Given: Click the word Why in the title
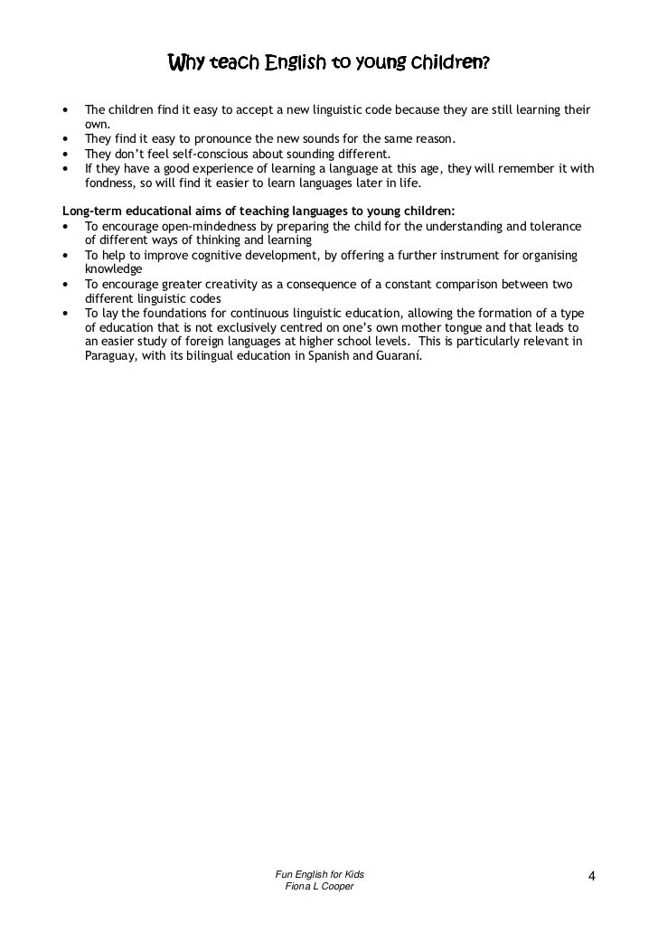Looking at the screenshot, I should pos(187,64).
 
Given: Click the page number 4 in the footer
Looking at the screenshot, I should pos(591,876).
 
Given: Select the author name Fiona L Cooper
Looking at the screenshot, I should pos(320,889).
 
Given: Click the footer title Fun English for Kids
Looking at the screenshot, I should pos(320,876).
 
